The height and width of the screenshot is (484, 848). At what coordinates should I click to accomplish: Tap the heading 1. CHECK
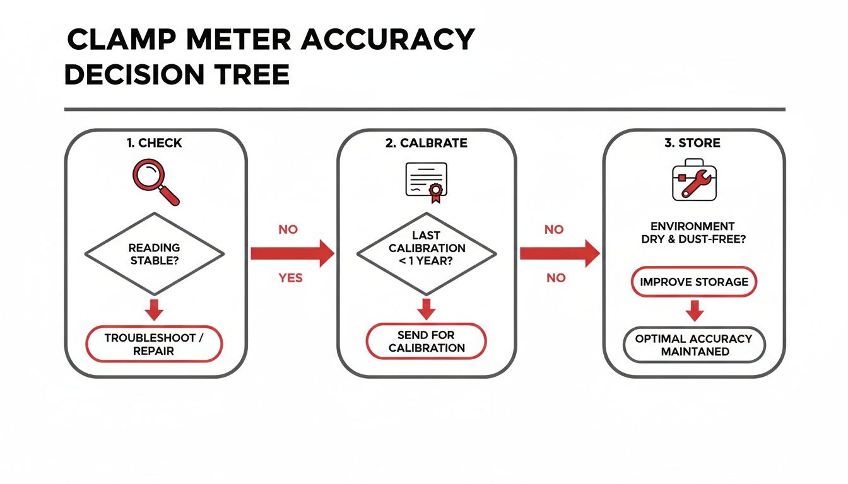click(154, 143)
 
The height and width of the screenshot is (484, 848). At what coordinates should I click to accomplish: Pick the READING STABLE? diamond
click(155, 254)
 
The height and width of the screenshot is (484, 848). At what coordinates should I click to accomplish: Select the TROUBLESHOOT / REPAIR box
click(155, 345)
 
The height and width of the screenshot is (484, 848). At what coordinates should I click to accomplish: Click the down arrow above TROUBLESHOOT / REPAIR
click(155, 310)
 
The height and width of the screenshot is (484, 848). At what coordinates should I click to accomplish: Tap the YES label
click(290, 278)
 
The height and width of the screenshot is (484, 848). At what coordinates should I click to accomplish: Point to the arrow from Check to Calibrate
click(292, 253)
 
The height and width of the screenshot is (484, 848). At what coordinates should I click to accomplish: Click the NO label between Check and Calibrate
click(288, 230)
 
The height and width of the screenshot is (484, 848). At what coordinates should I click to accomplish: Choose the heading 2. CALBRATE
click(426, 143)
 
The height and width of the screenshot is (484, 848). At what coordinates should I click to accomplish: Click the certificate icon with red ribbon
click(426, 182)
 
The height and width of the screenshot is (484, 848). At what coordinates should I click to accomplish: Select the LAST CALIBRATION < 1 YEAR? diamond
click(427, 254)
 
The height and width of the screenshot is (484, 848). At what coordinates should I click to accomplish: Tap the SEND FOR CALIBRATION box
click(427, 342)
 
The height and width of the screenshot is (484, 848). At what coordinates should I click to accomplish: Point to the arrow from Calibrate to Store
click(559, 253)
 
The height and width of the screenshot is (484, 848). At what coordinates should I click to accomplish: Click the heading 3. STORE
click(692, 143)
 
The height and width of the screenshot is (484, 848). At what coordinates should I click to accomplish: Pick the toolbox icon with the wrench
click(693, 182)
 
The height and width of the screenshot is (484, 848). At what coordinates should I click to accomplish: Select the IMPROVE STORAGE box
click(694, 282)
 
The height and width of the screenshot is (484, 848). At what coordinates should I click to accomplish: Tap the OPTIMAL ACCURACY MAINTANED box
click(694, 345)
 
